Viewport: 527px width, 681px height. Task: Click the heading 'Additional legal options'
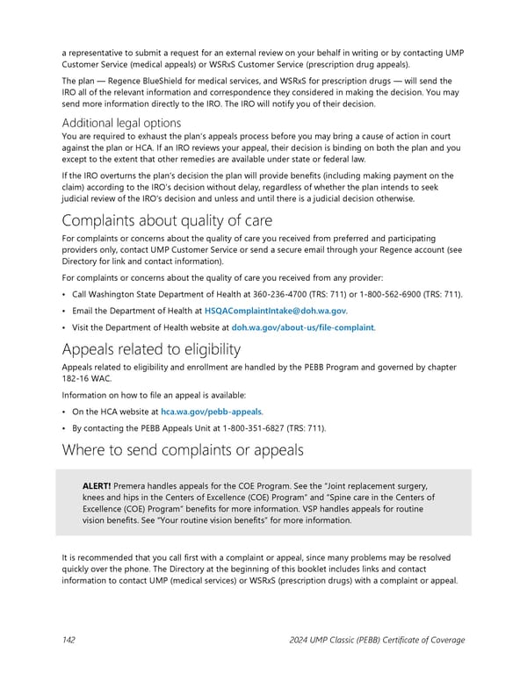coord(121,123)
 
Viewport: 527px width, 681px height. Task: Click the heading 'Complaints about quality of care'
coord(167,219)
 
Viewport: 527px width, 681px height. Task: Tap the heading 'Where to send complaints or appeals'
coord(183,450)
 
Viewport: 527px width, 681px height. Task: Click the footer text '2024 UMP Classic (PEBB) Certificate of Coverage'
coord(377,640)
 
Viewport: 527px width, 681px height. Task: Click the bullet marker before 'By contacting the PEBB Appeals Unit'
coord(65,427)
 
